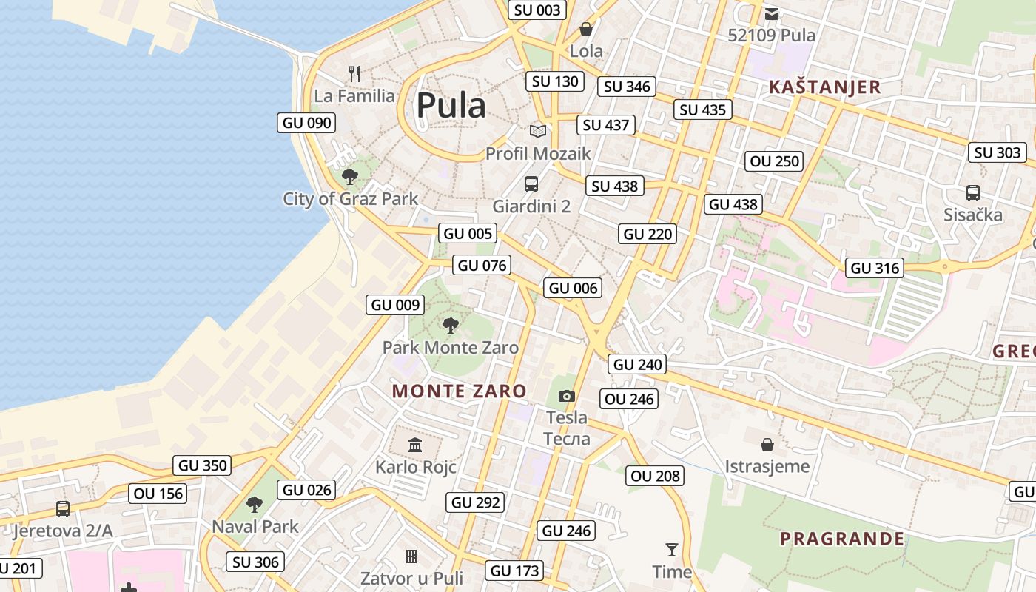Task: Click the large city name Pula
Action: click(451, 106)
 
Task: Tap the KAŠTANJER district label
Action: click(824, 87)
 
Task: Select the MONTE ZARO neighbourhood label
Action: click(459, 391)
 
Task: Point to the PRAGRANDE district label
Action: click(842, 538)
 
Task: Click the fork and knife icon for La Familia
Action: click(354, 73)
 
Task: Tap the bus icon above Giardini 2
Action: click(531, 184)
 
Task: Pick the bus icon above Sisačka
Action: click(973, 193)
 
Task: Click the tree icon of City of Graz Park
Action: click(350, 177)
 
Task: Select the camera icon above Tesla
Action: click(567, 396)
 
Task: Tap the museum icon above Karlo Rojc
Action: click(415, 445)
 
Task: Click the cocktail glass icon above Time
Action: click(672, 549)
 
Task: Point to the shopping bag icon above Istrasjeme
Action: click(767, 445)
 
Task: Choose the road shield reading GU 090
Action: click(306, 123)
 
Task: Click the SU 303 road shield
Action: click(998, 152)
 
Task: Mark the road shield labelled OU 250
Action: click(775, 161)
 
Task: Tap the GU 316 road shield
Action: click(875, 268)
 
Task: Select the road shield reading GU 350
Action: click(203, 465)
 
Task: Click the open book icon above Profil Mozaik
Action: click(538, 131)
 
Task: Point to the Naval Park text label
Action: click(255, 526)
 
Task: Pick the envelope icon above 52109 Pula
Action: click(772, 13)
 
